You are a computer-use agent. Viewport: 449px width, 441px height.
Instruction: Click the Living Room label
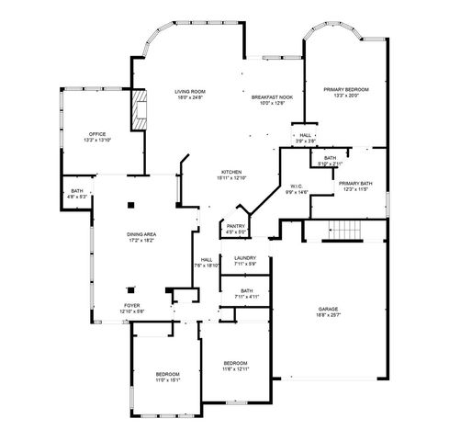tap(190, 94)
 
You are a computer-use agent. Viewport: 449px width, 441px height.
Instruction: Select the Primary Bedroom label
tap(344, 92)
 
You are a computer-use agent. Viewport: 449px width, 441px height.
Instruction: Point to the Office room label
tap(97, 137)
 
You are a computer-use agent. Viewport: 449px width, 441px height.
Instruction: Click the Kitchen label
tap(230, 175)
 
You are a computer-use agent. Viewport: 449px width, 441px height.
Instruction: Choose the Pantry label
tap(236, 229)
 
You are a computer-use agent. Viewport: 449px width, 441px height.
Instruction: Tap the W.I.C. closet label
tap(297, 189)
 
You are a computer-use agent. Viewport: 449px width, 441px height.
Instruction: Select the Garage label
tap(329, 311)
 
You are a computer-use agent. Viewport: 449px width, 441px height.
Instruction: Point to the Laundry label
tap(244, 261)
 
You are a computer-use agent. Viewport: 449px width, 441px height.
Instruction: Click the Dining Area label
tap(140, 237)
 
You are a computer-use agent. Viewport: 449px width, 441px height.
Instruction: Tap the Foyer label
tap(132, 308)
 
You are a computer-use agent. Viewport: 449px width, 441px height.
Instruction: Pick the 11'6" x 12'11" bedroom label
tap(236, 366)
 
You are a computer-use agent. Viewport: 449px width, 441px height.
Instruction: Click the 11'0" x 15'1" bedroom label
tap(167, 375)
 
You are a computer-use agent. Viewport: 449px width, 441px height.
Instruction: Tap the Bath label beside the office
tap(77, 194)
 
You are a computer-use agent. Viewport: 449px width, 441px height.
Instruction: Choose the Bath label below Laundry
tap(247, 294)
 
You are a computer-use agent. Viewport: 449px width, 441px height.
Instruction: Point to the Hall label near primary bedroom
tap(305, 138)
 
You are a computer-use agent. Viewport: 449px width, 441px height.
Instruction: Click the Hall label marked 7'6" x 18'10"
tap(207, 263)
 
